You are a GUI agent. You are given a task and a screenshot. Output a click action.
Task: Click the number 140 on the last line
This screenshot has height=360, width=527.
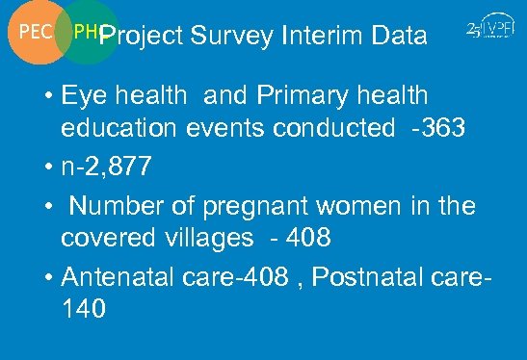pyautogui.click(x=83, y=309)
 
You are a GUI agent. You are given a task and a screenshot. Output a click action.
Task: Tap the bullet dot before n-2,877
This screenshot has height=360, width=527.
pyautogui.click(x=48, y=168)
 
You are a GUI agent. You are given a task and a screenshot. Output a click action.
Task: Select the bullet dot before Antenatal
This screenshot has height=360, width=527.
pyautogui.click(x=48, y=276)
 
